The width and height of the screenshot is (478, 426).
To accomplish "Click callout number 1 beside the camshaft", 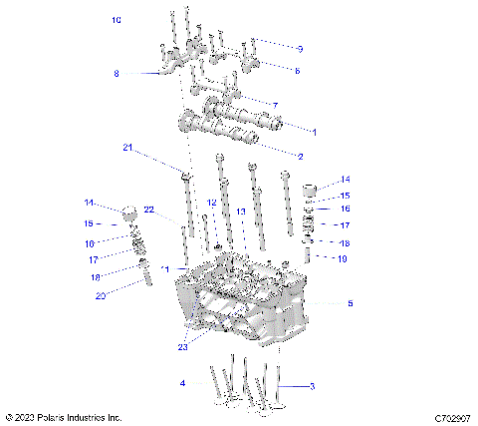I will [314, 132].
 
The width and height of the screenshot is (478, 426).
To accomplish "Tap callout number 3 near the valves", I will [312, 386].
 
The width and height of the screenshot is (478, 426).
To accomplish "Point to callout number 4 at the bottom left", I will [182, 383].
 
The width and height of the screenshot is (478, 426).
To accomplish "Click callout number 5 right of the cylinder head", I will [349, 303].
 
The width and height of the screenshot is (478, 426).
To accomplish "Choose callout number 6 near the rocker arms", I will [297, 70].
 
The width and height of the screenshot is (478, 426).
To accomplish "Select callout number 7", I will [275, 105].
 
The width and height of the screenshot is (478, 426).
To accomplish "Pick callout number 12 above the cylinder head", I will [211, 203].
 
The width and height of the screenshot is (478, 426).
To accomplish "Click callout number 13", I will [240, 212].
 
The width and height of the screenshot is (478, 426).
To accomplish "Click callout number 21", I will [127, 148].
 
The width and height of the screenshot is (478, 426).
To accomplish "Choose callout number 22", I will [148, 210].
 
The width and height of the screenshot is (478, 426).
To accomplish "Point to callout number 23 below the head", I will [181, 348].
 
